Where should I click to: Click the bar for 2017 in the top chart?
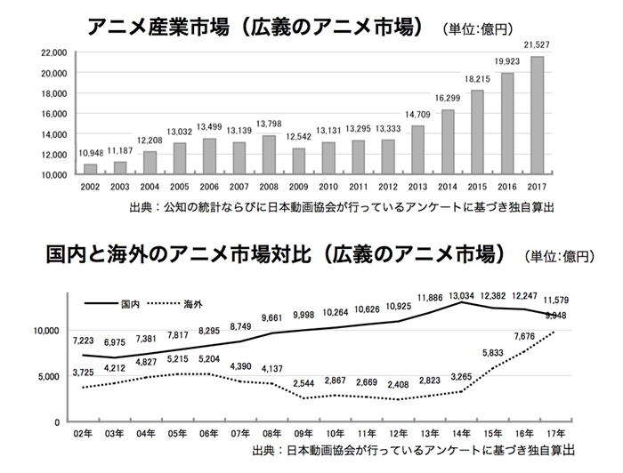537,116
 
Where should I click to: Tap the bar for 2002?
90,169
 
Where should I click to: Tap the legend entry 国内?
130,305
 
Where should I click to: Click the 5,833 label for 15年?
493,352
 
